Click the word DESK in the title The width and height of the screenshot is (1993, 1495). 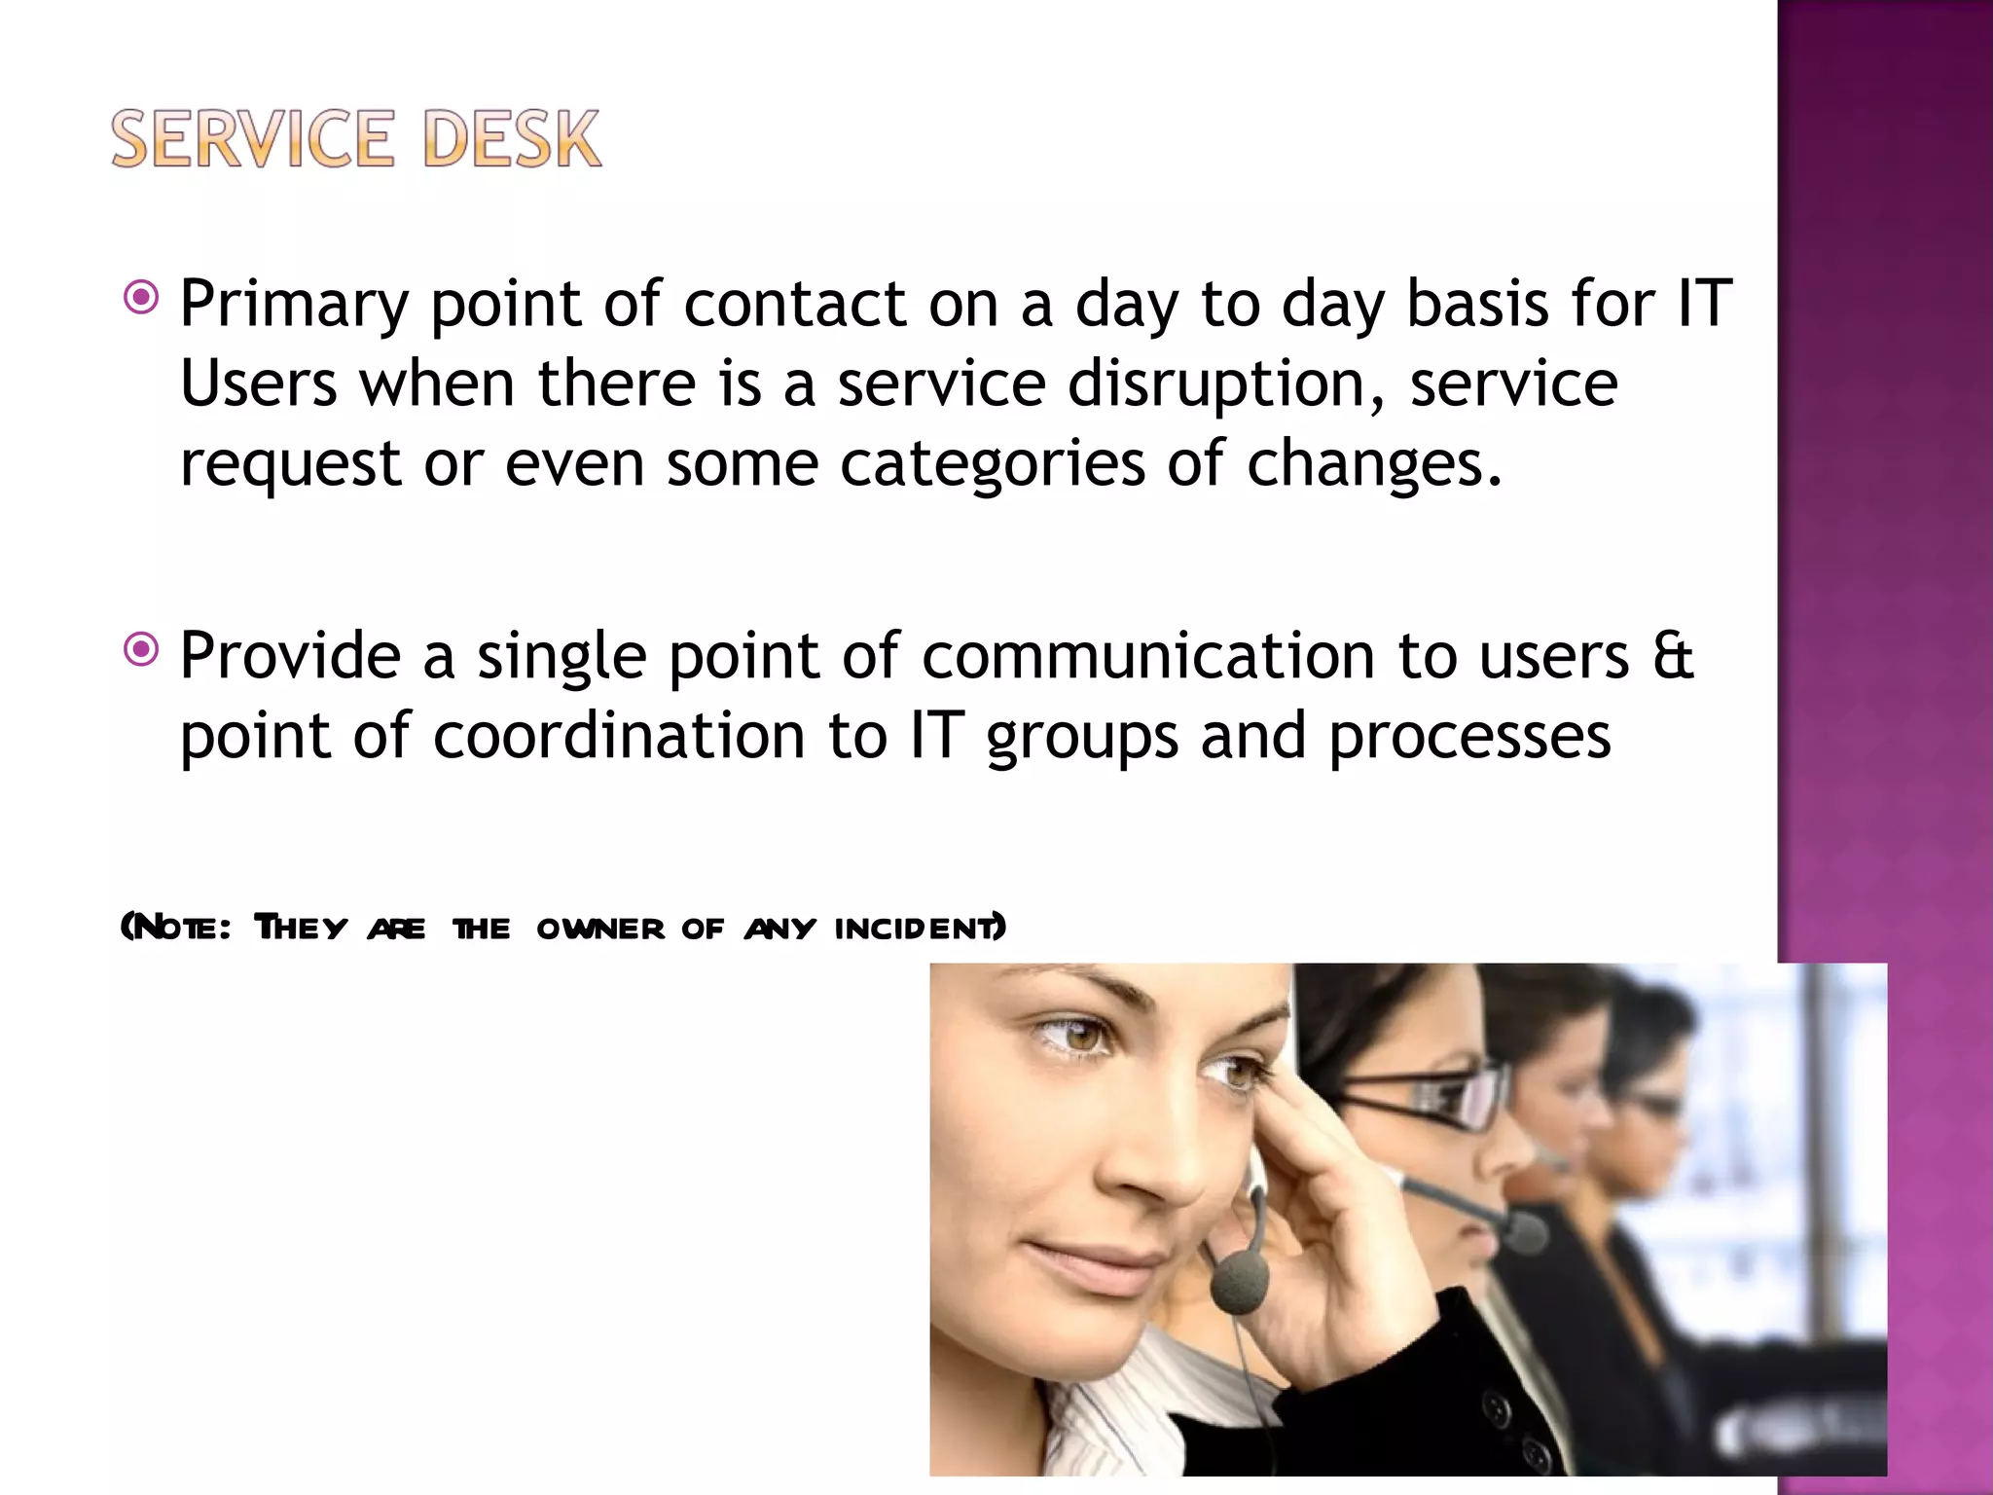[x=512, y=139]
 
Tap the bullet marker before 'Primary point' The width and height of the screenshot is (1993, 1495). [x=142, y=298]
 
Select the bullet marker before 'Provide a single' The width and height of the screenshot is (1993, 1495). [x=142, y=649]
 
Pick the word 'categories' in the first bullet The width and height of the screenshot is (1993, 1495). [x=992, y=463]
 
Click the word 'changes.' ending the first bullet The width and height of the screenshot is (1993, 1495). [x=1374, y=463]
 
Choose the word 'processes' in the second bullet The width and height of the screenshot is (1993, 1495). [x=1469, y=738]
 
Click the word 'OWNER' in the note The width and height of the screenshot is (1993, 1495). [x=600, y=929]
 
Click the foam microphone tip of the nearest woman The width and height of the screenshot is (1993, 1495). [x=1239, y=1282]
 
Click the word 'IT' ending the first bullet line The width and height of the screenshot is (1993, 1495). [x=1705, y=304]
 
